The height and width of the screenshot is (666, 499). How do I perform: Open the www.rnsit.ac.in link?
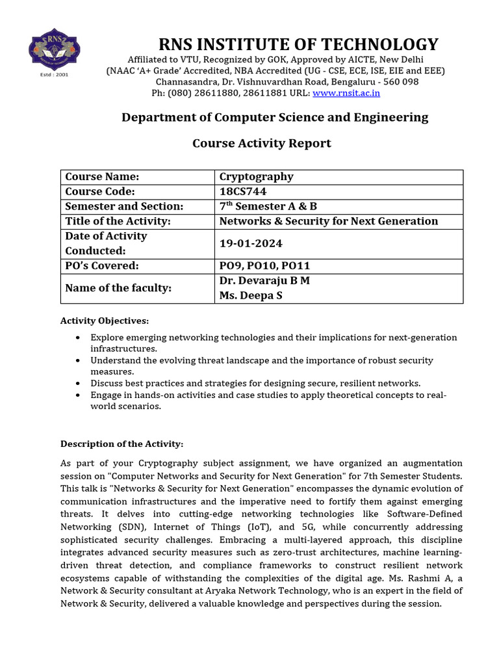pyautogui.click(x=346, y=93)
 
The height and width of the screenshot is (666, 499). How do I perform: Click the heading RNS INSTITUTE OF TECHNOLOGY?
pyautogui.click(x=299, y=45)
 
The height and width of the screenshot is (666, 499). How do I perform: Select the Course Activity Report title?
pyautogui.click(x=261, y=143)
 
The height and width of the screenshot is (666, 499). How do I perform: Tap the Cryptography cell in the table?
pyautogui.click(x=256, y=177)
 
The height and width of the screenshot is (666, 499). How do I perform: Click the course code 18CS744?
pyautogui.click(x=242, y=191)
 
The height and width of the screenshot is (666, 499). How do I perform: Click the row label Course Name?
pyautogui.click(x=102, y=177)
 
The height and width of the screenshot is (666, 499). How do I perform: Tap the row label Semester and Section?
pyautogui.click(x=124, y=206)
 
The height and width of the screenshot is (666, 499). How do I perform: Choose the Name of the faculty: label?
pyautogui.click(x=118, y=287)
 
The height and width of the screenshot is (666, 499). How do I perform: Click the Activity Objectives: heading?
pyautogui.click(x=105, y=321)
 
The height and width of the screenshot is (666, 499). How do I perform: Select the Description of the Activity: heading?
pyautogui.click(x=122, y=444)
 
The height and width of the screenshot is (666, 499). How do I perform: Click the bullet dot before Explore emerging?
pyautogui.click(x=78, y=338)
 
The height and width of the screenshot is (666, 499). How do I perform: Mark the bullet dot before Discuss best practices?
pyautogui.click(x=78, y=383)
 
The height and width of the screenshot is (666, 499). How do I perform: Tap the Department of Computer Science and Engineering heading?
pyautogui.click(x=275, y=117)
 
